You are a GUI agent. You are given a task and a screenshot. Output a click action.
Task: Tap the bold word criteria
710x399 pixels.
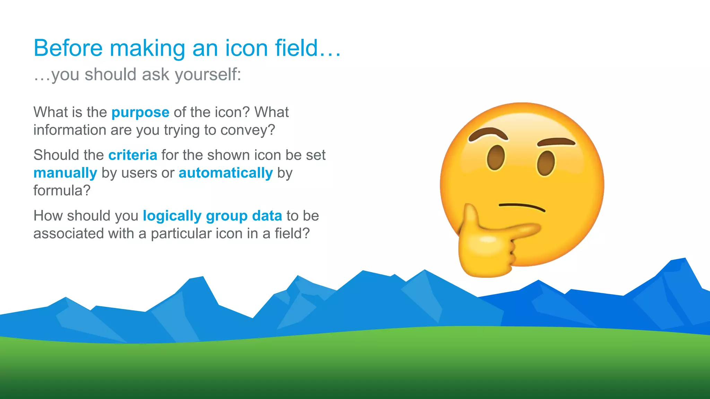click(132, 155)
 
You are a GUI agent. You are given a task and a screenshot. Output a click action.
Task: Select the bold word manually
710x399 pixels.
click(65, 173)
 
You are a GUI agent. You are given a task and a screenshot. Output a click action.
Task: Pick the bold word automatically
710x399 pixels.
click(226, 173)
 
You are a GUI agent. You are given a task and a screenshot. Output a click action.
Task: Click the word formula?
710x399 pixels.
click(62, 190)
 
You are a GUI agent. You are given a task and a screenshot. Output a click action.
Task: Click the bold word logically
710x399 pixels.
click(172, 216)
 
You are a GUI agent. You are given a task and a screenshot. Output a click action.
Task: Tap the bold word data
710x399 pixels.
click(267, 216)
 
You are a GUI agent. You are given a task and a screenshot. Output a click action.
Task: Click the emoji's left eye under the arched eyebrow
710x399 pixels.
click(495, 158)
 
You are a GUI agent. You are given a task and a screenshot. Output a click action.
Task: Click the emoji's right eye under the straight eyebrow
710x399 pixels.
click(546, 163)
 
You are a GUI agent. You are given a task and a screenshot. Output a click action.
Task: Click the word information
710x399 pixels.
click(70, 130)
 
